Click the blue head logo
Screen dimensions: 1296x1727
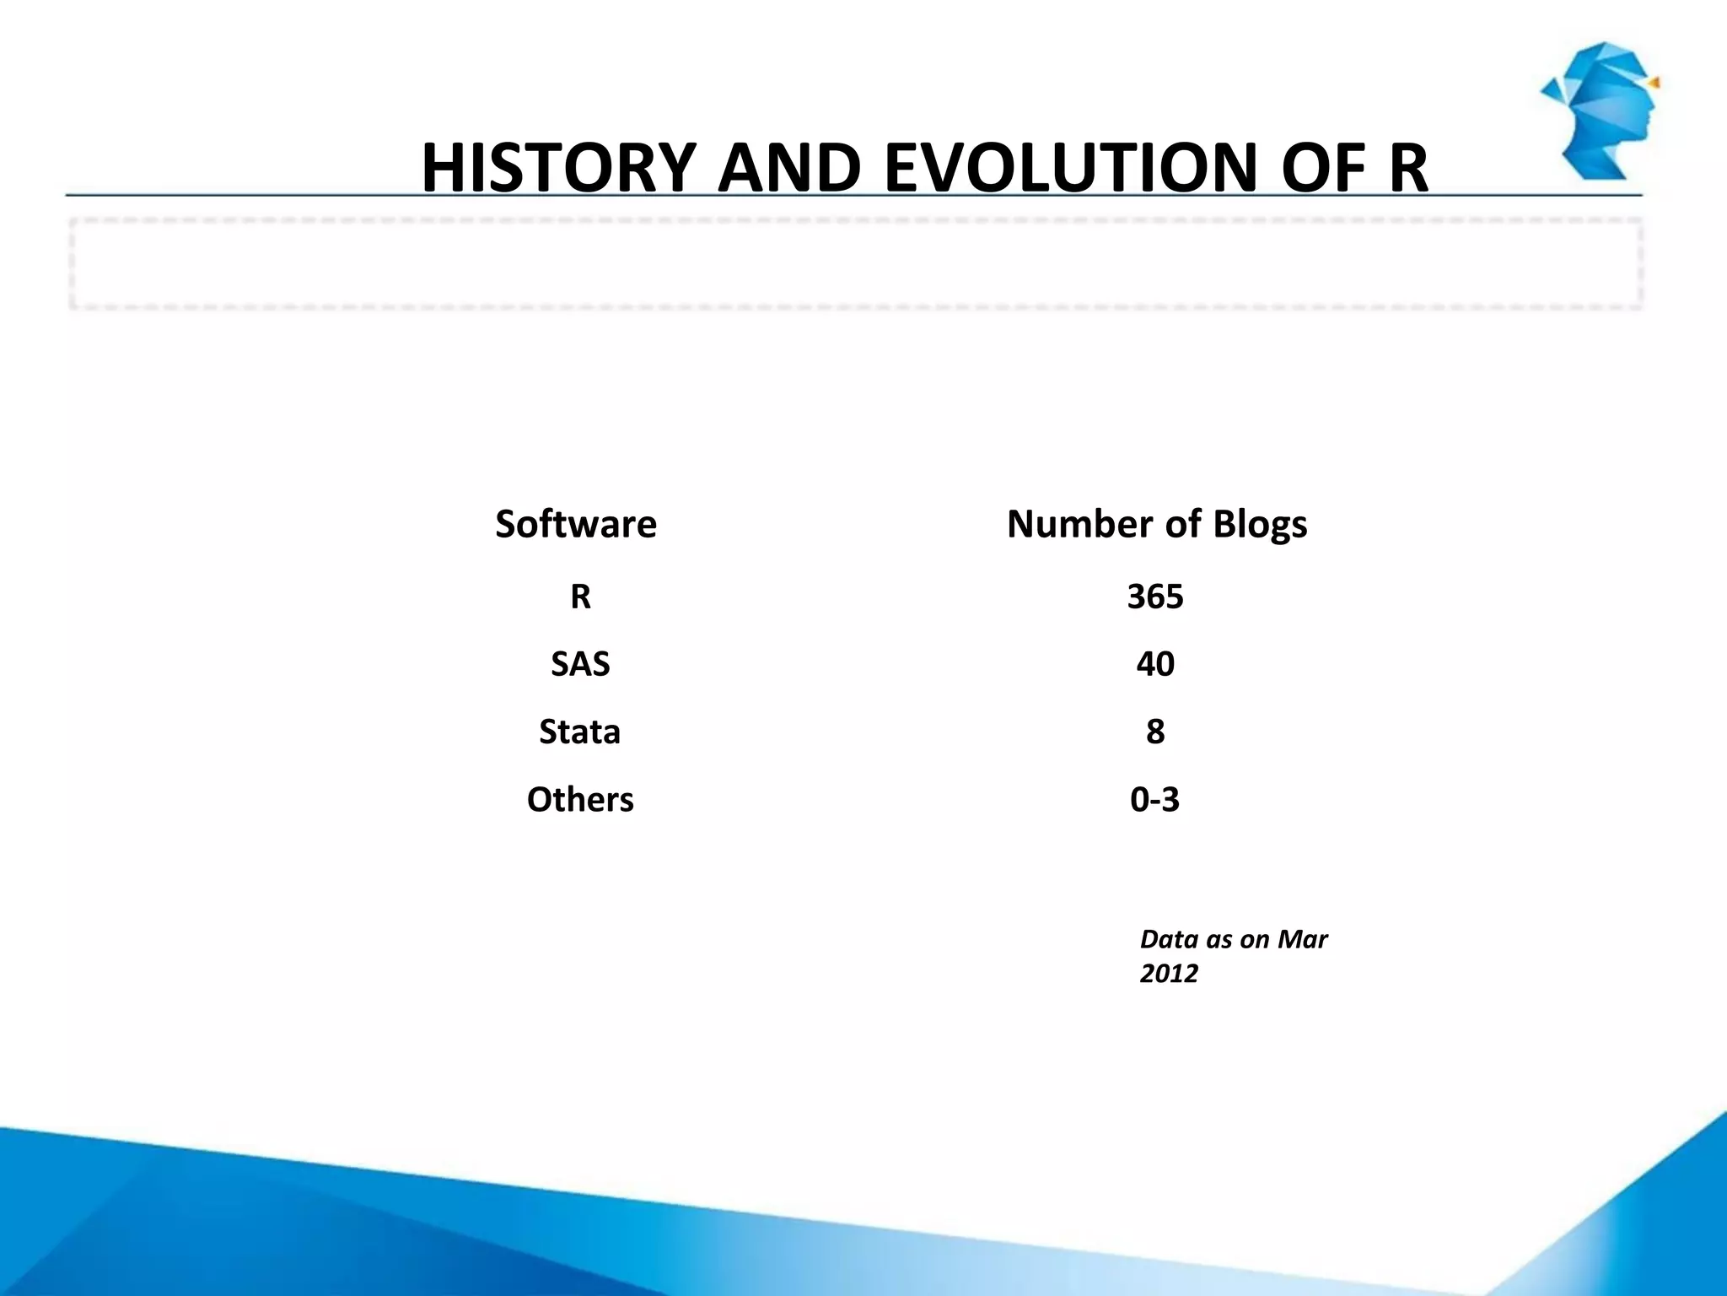(1601, 111)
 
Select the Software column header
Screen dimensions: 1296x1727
(576, 524)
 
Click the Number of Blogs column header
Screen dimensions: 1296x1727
(1157, 524)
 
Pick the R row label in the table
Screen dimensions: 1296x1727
(580, 597)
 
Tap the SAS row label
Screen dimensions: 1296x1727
(580, 664)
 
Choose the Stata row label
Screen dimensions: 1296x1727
(580, 732)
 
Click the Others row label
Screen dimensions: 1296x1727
(580, 799)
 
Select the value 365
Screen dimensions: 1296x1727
(1155, 597)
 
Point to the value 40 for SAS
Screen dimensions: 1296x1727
(1155, 664)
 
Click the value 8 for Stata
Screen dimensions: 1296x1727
(1155, 732)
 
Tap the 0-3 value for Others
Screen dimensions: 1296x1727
(1155, 799)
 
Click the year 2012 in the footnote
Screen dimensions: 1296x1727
(1169, 974)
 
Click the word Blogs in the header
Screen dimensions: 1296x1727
(1260, 524)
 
